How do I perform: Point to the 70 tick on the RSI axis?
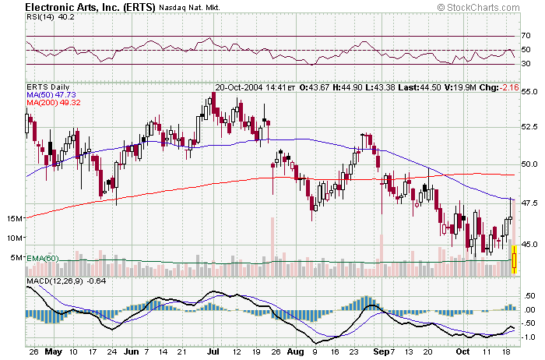(x=526, y=36)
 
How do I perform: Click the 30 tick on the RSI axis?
(x=526, y=64)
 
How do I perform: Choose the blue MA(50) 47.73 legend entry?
(x=54, y=94)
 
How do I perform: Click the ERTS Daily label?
(x=48, y=86)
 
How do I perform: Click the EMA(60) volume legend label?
(x=43, y=258)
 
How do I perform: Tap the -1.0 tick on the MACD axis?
(x=528, y=337)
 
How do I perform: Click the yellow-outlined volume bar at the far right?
(x=515, y=259)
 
